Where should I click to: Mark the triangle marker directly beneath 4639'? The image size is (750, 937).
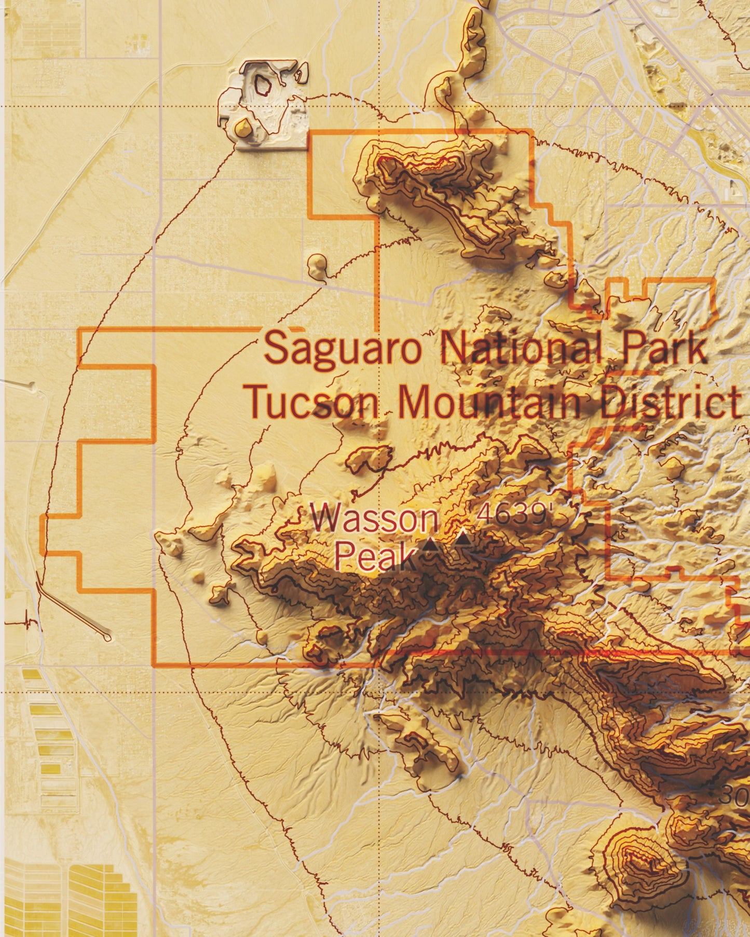pyautogui.click(x=463, y=539)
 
